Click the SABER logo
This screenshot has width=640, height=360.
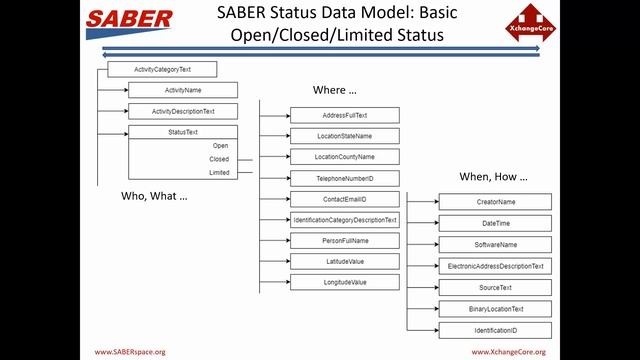coord(129,20)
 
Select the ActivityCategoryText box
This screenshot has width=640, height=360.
coord(162,70)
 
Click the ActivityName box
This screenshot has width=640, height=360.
coord(183,90)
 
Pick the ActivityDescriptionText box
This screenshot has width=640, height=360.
coord(183,111)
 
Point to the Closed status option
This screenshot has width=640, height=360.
coord(219,159)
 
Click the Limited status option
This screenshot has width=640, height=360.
coord(219,172)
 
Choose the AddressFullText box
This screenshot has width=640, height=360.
coord(345,115)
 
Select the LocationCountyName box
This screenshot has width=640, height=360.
coord(345,157)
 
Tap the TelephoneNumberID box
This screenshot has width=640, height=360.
coord(345,178)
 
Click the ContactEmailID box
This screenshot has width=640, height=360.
coord(345,199)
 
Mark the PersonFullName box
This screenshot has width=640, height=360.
coord(345,241)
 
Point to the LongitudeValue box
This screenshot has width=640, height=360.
coord(345,283)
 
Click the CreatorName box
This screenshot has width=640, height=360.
coord(495,202)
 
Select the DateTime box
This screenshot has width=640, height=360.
coord(495,223)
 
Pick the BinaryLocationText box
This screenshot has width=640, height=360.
coord(495,309)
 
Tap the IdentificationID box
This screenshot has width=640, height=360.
coord(495,330)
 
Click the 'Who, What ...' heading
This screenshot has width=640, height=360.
coord(154,195)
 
